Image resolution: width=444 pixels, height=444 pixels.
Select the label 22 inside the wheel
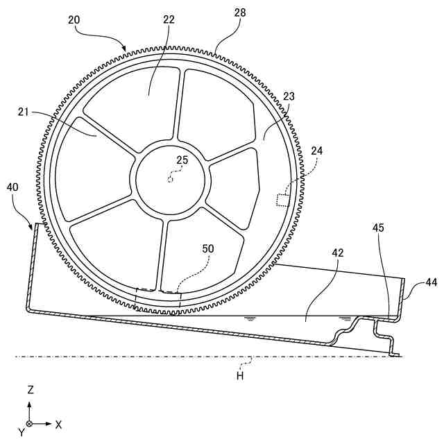click(x=169, y=20)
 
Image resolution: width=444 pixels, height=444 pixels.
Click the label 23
click(x=289, y=99)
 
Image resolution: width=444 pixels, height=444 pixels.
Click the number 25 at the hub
click(x=182, y=160)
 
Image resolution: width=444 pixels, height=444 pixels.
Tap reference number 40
click(x=13, y=187)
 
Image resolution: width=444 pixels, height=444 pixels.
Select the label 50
click(x=207, y=248)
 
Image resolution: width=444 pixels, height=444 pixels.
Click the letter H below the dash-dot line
click(x=240, y=375)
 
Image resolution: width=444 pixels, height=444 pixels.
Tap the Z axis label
click(x=30, y=390)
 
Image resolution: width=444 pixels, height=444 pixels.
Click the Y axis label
click(x=22, y=432)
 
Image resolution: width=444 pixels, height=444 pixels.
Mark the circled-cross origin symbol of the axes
click(x=30, y=423)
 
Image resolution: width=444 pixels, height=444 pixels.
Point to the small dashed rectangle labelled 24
click(x=283, y=200)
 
